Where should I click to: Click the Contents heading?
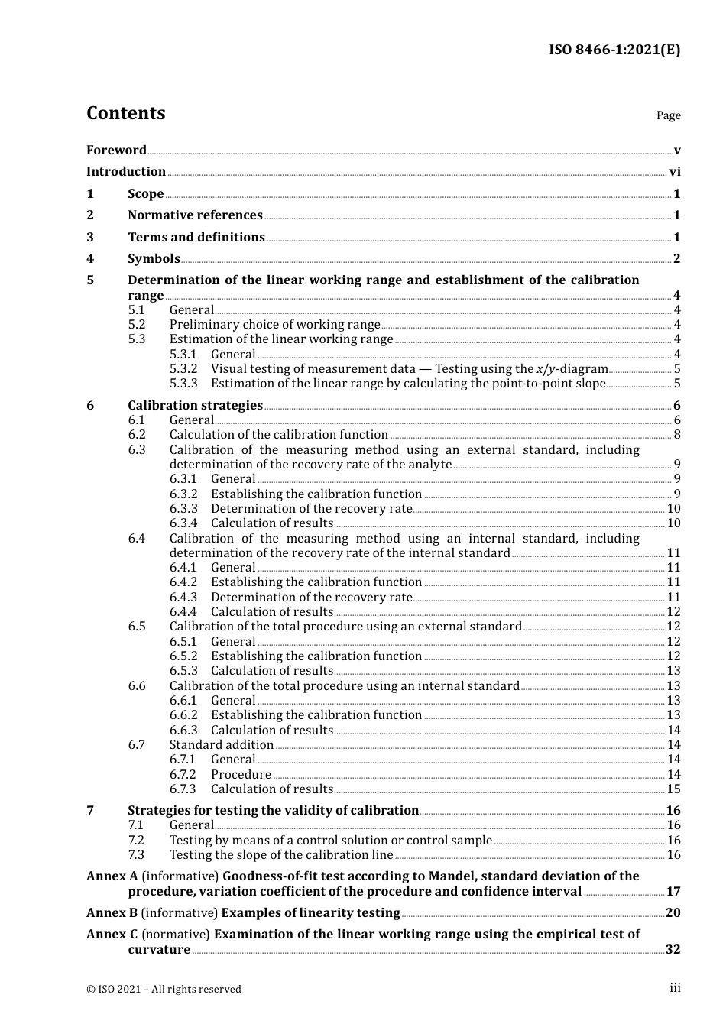coord(125,113)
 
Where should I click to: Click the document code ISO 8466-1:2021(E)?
coord(614,50)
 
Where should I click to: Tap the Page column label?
coord(668,115)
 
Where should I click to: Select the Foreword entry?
coord(116,150)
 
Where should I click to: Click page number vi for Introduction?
coord(675,172)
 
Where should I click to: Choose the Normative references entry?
coord(195,215)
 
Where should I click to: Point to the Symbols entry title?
coord(154,259)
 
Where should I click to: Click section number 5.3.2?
coord(183,369)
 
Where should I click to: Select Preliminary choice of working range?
coord(274,325)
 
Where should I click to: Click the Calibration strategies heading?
coord(195,406)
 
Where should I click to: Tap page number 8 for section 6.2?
coord(677,435)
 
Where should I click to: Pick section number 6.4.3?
coord(183,598)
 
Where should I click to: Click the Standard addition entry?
coord(221,745)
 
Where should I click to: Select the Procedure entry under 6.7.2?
coord(241,775)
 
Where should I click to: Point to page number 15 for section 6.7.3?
coord(673,789)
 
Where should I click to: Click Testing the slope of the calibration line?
coord(280,855)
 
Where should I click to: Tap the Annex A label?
coord(112,876)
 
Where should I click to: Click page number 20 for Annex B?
coord(673,913)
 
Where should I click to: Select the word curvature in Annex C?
coord(159,950)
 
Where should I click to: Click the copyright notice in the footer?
coord(164,989)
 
